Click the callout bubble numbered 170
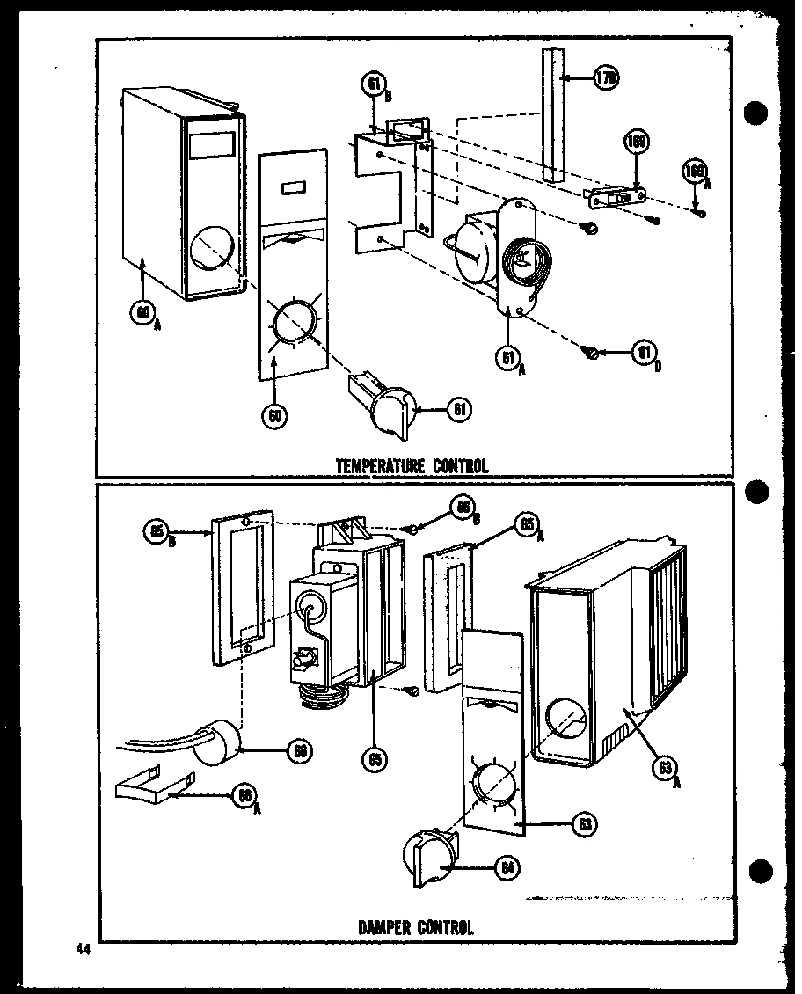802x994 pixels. click(605, 79)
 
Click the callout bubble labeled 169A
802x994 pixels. click(694, 171)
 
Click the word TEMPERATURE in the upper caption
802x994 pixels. click(381, 466)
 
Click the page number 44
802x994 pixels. click(84, 949)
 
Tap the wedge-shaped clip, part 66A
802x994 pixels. click(152, 781)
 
